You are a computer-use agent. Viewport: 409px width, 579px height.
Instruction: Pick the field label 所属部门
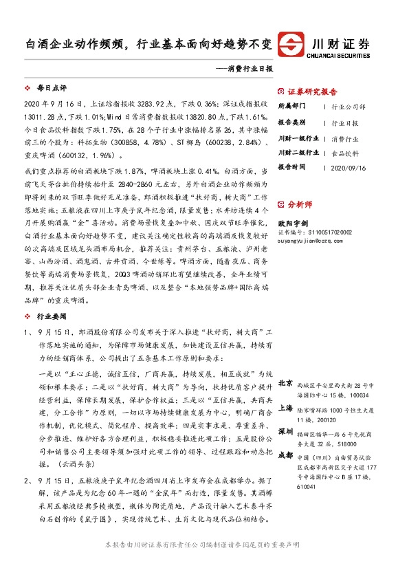290,107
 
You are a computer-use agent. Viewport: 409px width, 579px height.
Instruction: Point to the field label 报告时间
290,167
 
